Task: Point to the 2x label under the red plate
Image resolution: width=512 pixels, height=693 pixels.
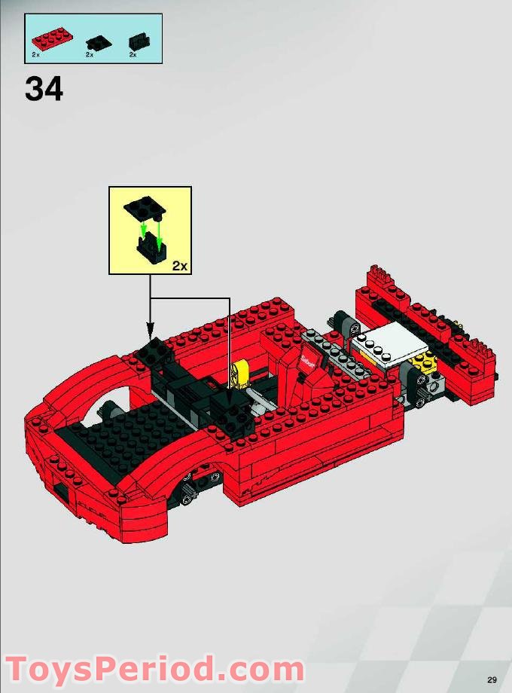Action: click(36, 55)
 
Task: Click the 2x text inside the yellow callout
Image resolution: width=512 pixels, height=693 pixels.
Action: click(178, 265)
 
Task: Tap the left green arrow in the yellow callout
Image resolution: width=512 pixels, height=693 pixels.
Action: click(144, 226)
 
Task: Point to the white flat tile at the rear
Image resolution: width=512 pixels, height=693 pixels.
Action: click(389, 343)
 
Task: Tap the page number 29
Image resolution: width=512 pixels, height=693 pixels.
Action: click(491, 679)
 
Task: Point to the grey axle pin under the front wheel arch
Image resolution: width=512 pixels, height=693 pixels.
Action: click(215, 476)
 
